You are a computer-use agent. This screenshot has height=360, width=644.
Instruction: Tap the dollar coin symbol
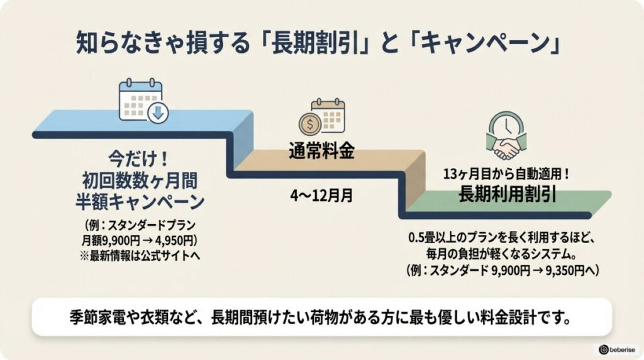pos(310,125)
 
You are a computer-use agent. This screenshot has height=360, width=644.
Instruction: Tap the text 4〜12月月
pos(321,195)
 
